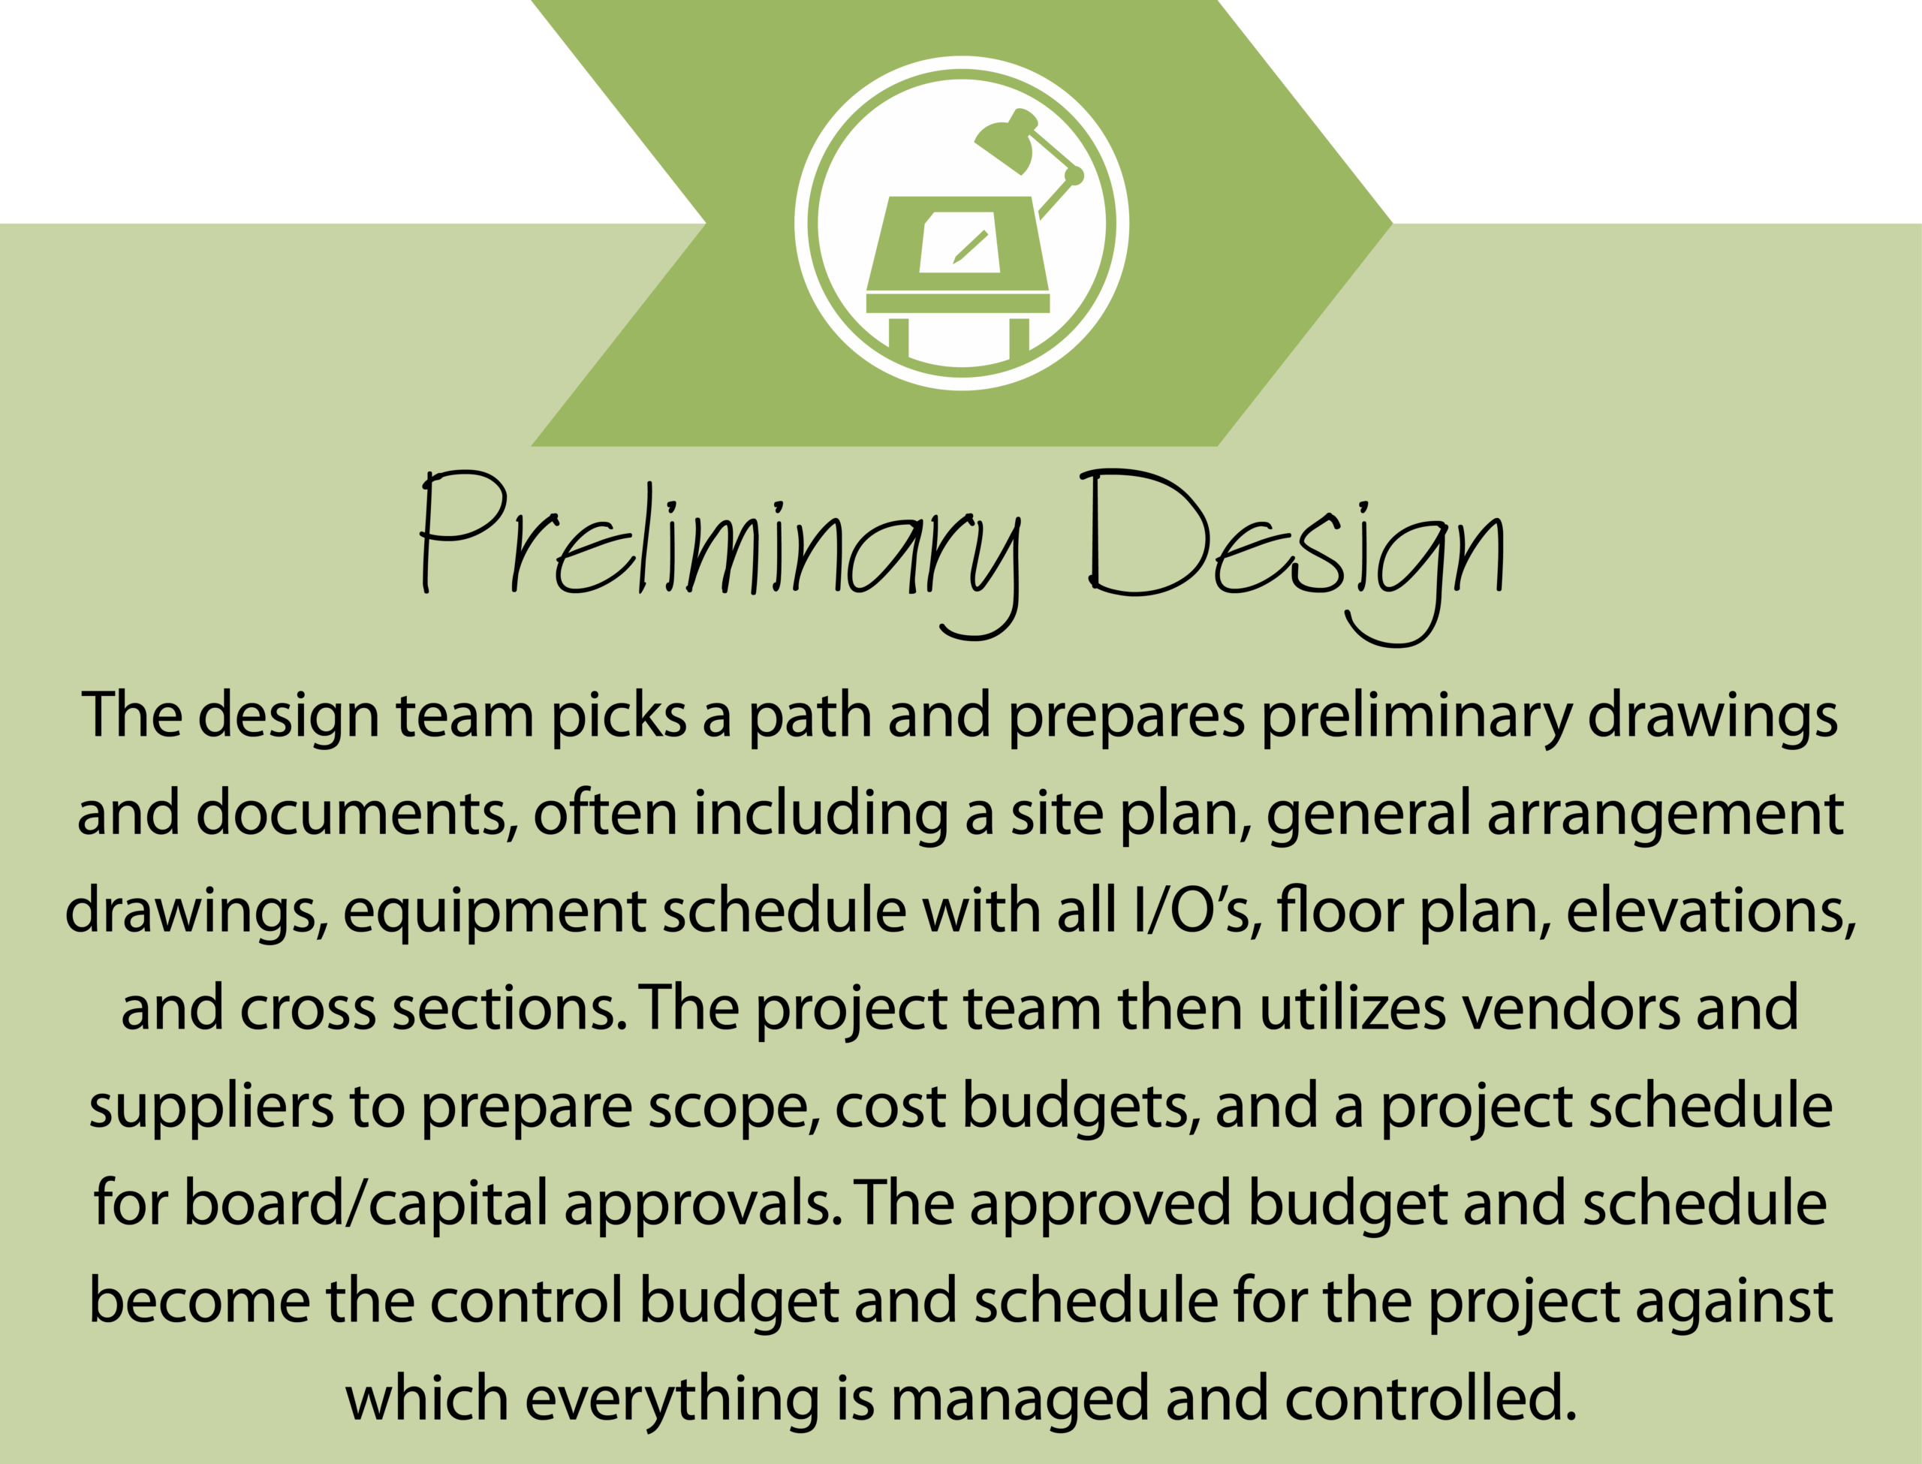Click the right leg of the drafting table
click(1019, 337)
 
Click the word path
click(810, 717)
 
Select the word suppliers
click(211, 1107)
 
